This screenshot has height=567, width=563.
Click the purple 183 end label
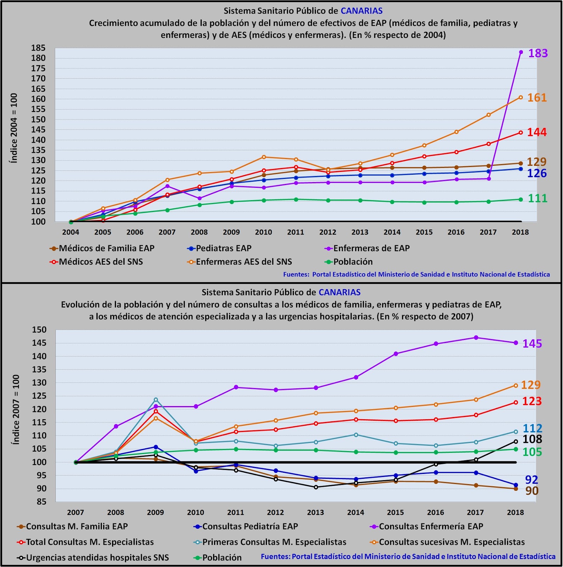(538, 53)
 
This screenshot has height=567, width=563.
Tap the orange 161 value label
(537, 97)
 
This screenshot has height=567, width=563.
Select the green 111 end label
(537, 198)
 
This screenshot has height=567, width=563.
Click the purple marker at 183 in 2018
(521, 52)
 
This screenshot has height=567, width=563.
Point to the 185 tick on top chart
(38, 48)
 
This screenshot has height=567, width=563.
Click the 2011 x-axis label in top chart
(296, 232)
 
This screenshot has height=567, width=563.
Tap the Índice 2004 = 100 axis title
(13, 128)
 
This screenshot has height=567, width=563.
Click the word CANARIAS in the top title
(362, 11)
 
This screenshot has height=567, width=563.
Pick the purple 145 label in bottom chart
(532, 343)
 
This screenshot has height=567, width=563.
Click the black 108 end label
(532, 439)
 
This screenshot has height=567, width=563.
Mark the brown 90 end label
(532, 491)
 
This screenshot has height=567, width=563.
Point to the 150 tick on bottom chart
(39, 330)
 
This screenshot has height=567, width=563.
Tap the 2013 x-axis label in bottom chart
(316, 512)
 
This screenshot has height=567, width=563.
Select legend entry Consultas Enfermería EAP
(431, 527)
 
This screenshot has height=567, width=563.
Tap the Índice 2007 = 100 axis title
(16, 409)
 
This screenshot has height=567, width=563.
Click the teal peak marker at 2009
(156, 400)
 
